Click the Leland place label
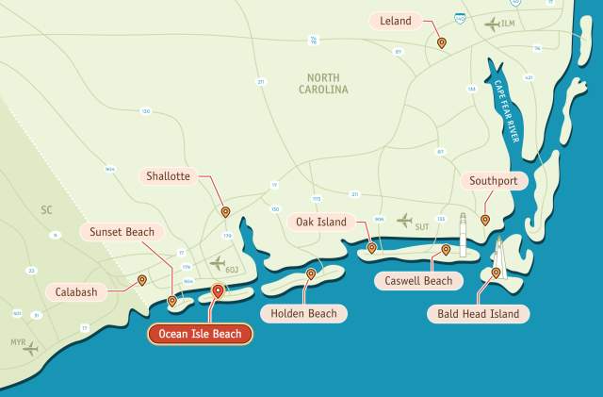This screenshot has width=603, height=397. pos(396,20)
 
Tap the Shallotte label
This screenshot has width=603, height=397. pos(169,176)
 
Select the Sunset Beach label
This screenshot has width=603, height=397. pos(122,232)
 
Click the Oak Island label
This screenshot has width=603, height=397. pos(321,223)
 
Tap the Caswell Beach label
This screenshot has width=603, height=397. pos(418,280)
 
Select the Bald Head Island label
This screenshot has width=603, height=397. pos(478,313)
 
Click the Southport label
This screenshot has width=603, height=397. pos(491,181)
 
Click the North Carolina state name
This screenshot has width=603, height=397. pos(326,83)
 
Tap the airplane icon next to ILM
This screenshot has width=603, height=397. pos(491,24)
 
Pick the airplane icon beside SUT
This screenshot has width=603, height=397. pos(404,221)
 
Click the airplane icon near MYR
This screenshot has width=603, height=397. pos(31,349)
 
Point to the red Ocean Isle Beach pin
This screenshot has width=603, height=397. pos(218,291)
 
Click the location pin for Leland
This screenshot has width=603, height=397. pos(442,42)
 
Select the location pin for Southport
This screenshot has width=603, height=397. pos(485,220)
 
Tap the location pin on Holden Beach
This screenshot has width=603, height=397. pos(311,274)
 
